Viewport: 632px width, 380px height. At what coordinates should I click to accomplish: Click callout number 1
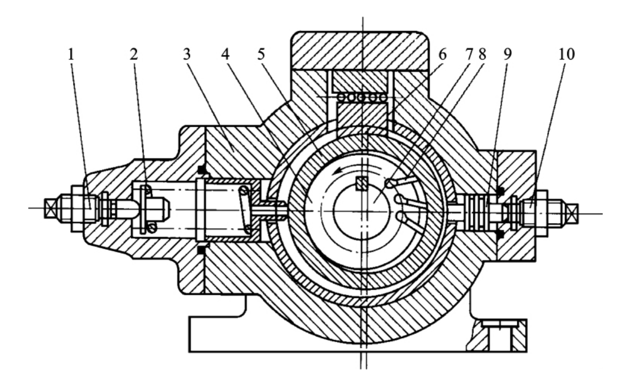click(71, 55)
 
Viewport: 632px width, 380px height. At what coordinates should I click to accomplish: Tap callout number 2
click(134, 55)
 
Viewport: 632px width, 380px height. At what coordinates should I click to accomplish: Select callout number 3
click(187, 55)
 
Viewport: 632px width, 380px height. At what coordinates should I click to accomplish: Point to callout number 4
click(225, 55)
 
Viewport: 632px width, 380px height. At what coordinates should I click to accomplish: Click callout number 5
click(261, 55)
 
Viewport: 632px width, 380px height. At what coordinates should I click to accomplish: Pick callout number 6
click(443, 55)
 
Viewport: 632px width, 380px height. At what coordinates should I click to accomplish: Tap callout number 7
click(469, 55)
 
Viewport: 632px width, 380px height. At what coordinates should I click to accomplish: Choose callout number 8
click(482, 55)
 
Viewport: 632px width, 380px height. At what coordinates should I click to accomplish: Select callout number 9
click(507, 55)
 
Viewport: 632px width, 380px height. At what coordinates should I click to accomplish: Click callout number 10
click(566, 55)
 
